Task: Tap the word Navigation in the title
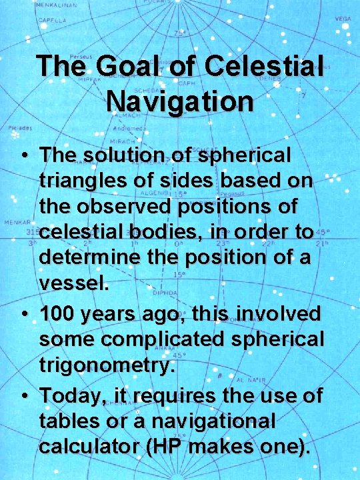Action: pyautogui.click(x=179, y=101)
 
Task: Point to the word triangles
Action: pyautogui.click(x=85, y=181)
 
